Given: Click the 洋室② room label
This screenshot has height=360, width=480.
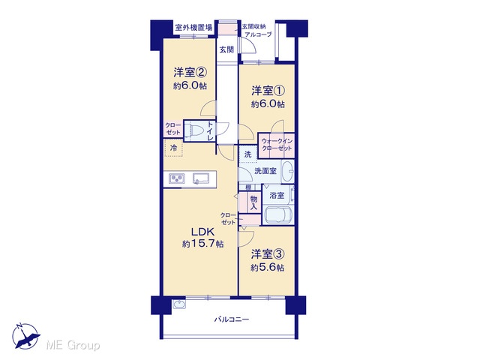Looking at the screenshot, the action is pyautogui.click(x=190, y=73).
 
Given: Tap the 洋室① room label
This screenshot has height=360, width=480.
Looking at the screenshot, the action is pyautogui.click(x=268, y=91).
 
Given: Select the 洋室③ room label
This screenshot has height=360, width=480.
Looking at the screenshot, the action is pyautogui.click(x=268, y=254).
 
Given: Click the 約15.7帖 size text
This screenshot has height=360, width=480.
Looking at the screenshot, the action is pyautogui.click(x=202, y=244).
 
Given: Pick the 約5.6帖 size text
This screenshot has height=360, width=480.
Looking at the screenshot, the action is pyautogui.click(x=268, y=268).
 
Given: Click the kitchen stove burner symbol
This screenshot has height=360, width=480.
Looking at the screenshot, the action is pyautogui.click(x=177, y=178).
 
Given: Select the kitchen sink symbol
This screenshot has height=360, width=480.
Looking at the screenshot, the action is pyautogui.click(x=201, y=178).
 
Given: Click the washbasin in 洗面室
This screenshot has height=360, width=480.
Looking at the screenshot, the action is pyautogui.click(x=287, y=171).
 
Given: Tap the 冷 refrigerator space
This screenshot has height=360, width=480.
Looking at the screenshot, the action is pyautogui.click(x=173, y=148).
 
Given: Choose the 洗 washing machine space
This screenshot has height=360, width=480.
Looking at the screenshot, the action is pyautogui.click(x=247, y=154).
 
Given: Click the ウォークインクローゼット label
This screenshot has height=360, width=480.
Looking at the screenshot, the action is pyautogui.click(x=277, y=145).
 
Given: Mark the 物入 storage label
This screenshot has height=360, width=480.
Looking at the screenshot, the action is pyautogui.click(x=253, y=203).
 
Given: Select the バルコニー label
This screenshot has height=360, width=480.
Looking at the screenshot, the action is pyautogui.click(x=232, y=319).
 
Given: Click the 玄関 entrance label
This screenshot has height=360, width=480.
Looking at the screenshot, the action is pyautogui.click(x=226, y=49).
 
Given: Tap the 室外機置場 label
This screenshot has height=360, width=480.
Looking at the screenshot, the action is pyautogui.click(x=193, y=28).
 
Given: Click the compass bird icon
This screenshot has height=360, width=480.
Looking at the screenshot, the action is pyautogui.click(x=26, y=336).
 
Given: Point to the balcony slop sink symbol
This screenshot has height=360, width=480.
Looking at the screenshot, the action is pyautogui.click(x=179, y=304).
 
